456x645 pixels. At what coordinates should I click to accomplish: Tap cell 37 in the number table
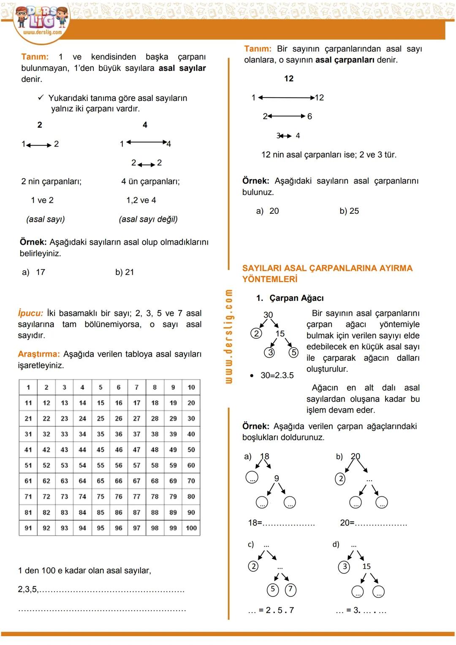137,434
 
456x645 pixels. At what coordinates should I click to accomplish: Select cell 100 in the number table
191,528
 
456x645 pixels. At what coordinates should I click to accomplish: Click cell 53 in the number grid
64,465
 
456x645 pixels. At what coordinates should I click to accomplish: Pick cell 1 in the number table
28,387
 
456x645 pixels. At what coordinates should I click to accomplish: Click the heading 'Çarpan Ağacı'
296,298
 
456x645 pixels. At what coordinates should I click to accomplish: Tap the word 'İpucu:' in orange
30,313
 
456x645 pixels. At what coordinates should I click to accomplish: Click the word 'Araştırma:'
39,354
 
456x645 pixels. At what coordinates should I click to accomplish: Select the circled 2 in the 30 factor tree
256,333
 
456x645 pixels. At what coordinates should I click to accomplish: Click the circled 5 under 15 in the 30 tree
294,352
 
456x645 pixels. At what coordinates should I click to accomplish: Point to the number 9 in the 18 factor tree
277,478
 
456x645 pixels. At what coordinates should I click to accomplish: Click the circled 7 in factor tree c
290,589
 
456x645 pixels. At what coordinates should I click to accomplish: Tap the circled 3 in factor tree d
345,566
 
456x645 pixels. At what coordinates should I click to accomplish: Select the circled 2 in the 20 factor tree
340,479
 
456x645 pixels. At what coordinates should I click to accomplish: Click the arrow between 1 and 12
286,98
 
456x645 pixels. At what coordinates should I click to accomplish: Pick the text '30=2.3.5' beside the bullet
277,375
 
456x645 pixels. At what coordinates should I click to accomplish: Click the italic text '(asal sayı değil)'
148,219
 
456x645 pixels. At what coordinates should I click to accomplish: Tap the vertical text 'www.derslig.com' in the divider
228,336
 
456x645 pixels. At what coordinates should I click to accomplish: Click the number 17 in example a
41,272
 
